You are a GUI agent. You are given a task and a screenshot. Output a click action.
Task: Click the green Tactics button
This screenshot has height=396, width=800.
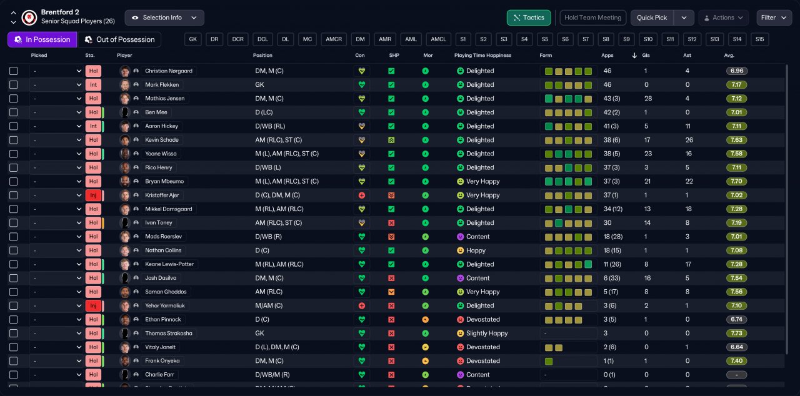click(x=529, y=18)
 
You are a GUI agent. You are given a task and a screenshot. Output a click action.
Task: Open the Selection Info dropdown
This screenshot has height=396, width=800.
click(x=164, y=18)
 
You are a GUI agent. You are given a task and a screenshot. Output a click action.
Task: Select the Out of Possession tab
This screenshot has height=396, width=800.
click(x=119, y=39)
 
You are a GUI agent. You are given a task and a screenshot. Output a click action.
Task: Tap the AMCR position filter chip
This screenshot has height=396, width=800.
click(x=334, y=39)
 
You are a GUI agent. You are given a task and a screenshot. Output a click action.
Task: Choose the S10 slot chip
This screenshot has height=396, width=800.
click(x=648, y=39)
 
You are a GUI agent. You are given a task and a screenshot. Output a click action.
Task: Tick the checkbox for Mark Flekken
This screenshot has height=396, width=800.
click(x=14, y=85)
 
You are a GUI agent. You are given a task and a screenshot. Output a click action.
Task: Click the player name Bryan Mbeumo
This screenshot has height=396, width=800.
click(x=164, y=181)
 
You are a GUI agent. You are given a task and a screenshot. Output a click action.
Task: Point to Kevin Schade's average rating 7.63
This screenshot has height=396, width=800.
click(x=736, y=140)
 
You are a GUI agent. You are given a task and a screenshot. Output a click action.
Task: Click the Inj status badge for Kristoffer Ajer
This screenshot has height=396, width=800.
click(x=93, y=195)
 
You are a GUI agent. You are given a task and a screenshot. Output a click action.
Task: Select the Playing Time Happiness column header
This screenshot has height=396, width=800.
click(x=482, y=56)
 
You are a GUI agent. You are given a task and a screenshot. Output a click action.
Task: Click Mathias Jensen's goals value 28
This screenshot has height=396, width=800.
click(x=648, y=99)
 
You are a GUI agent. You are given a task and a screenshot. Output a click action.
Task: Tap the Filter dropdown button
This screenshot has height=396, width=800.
click(x=774, y=18)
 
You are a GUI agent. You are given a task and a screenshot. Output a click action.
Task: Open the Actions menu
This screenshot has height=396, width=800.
click(x=724, y=18)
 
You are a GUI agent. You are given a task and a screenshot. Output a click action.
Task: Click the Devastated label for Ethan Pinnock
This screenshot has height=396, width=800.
click(x=483, y=320)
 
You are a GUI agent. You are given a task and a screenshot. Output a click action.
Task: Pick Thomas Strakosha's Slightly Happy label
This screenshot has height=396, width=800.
click(x=487, y=333)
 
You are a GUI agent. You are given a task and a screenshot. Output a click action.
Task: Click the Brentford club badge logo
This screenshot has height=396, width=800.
click(x=29, y=17)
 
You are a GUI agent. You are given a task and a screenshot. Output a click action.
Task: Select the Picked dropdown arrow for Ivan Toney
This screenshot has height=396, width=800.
click(x=79, y=223)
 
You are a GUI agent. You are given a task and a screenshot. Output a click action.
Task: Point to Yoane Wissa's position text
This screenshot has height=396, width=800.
click(x=287, y=154)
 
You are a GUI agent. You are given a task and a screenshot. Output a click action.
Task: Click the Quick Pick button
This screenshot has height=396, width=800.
click(x=652, y=18)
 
